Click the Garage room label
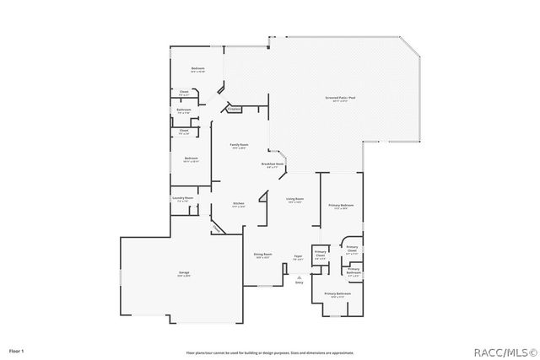coord(183,273)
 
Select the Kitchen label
coord(239,203)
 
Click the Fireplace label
coord(235,108)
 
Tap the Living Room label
coord(295,199)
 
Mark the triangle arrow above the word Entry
coord(299,274)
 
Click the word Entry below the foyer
coord(299,282)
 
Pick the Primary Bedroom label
coord(341,206)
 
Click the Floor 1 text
coord(17,349)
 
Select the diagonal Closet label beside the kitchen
coord(218,228)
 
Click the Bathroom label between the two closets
coord(184,110)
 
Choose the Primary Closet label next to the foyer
coord(321,254)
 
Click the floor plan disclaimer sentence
coord(270,352)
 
